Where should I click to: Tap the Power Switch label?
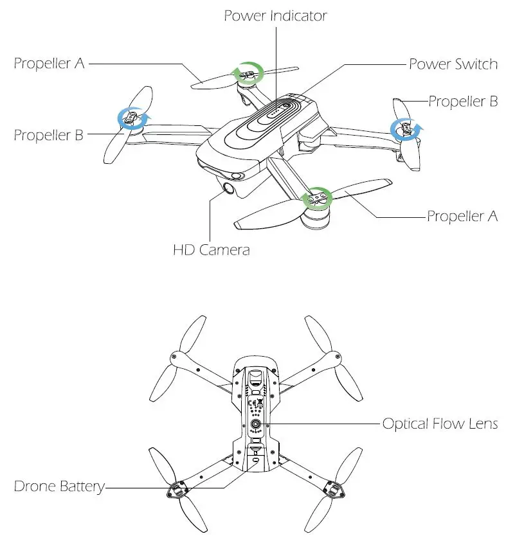453,64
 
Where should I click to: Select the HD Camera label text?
211,249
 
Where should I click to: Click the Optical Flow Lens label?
440,424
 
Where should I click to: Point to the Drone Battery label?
59,487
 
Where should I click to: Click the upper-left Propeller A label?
50,64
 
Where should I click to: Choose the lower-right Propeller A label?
462,216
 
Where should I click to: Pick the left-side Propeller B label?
48,135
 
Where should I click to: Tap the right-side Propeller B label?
463,102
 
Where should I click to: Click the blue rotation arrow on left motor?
132,118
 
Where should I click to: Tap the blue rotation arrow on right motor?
406,129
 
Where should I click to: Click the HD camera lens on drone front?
229,187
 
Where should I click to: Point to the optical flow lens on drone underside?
257,425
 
